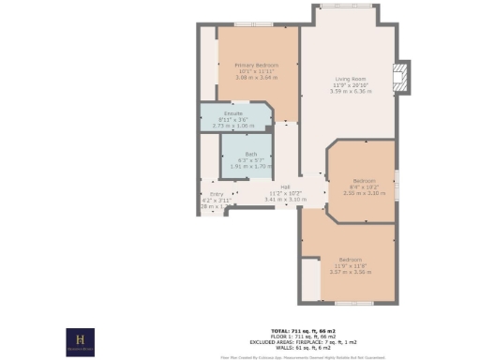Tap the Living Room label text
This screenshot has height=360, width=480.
tap(352, 80)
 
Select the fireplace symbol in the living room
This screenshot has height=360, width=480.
tap(401, 78)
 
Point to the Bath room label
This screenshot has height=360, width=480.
tap(250, 154)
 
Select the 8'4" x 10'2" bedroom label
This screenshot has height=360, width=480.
tap(364, 180)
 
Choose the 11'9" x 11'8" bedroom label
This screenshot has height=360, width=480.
tap(351, 259)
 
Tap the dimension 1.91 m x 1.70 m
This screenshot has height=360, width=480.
tap(250, 166)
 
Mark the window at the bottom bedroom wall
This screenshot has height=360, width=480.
tap(354, 303)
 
